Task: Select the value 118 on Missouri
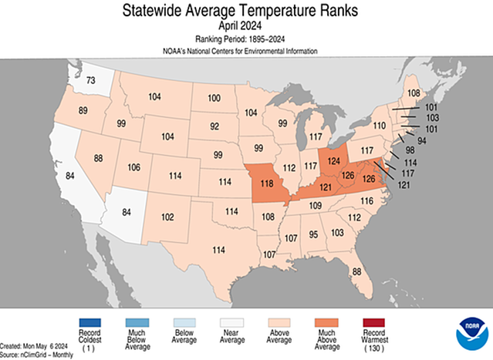tap(268, 185)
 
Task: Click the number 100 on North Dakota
tap(214, 99)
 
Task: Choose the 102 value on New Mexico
tap(167, 217)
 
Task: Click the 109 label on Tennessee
tap(316, 206)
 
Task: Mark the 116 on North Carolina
tap(366, 200)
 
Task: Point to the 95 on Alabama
tap(313, 234)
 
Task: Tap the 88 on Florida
tap(356, 271)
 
